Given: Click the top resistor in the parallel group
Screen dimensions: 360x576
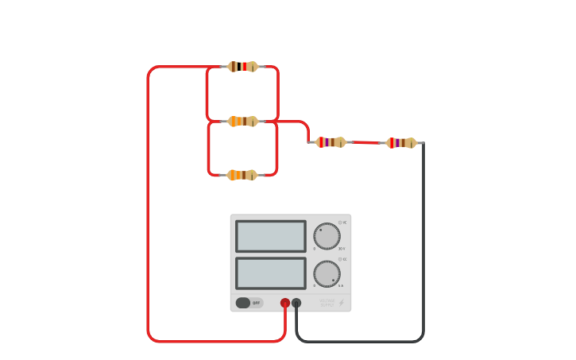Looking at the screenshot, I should (243, 67).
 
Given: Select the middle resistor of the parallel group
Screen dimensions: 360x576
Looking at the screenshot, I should (243, 122).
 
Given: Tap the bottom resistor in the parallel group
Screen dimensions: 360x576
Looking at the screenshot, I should (242, 175).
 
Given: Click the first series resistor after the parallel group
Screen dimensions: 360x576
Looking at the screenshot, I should (331, 142).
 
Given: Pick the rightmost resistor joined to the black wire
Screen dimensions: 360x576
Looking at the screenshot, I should (401, 143).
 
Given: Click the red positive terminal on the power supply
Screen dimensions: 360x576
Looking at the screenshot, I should (285, 303).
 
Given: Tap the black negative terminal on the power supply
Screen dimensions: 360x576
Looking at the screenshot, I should (296, 303).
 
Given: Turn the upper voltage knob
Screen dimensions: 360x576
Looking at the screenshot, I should (327, 236).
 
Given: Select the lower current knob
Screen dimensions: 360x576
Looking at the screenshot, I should (327, 273).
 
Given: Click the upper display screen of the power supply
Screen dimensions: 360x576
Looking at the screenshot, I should (271, 236).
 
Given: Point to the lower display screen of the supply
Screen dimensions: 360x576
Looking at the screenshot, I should (271, 273).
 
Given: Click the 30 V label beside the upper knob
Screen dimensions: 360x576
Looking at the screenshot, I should (342, 249).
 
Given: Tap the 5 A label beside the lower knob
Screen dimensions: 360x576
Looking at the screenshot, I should (342, 285).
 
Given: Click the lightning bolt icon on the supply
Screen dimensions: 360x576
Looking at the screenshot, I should (342, 303).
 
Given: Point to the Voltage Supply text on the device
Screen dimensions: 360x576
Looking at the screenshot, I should (327, 303).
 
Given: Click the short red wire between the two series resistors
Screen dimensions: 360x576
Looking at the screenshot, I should (365, 142).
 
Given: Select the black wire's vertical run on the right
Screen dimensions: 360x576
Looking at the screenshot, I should (423, 238).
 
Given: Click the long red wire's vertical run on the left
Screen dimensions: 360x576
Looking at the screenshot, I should (148, 207).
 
